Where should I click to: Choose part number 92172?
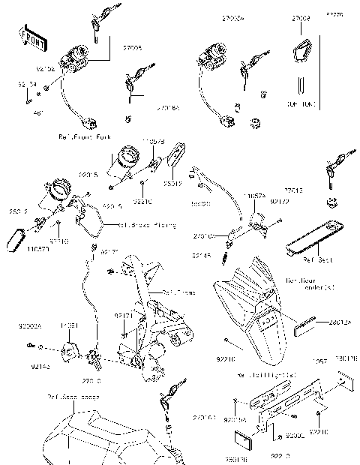(280, 202)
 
